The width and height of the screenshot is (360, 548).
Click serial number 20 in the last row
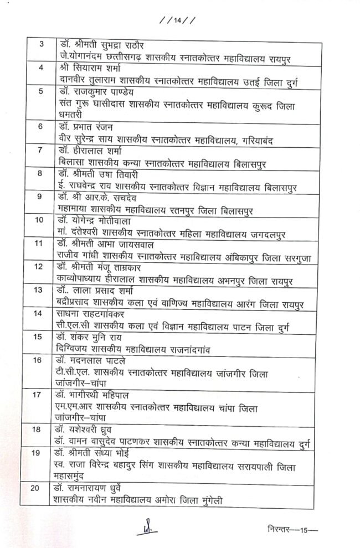pos(37,487)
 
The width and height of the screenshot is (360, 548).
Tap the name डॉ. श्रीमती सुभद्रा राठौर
pos(105,44)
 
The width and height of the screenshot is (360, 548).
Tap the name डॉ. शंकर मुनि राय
pos(91,337)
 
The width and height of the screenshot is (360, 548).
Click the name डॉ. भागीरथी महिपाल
pos(94,395)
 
